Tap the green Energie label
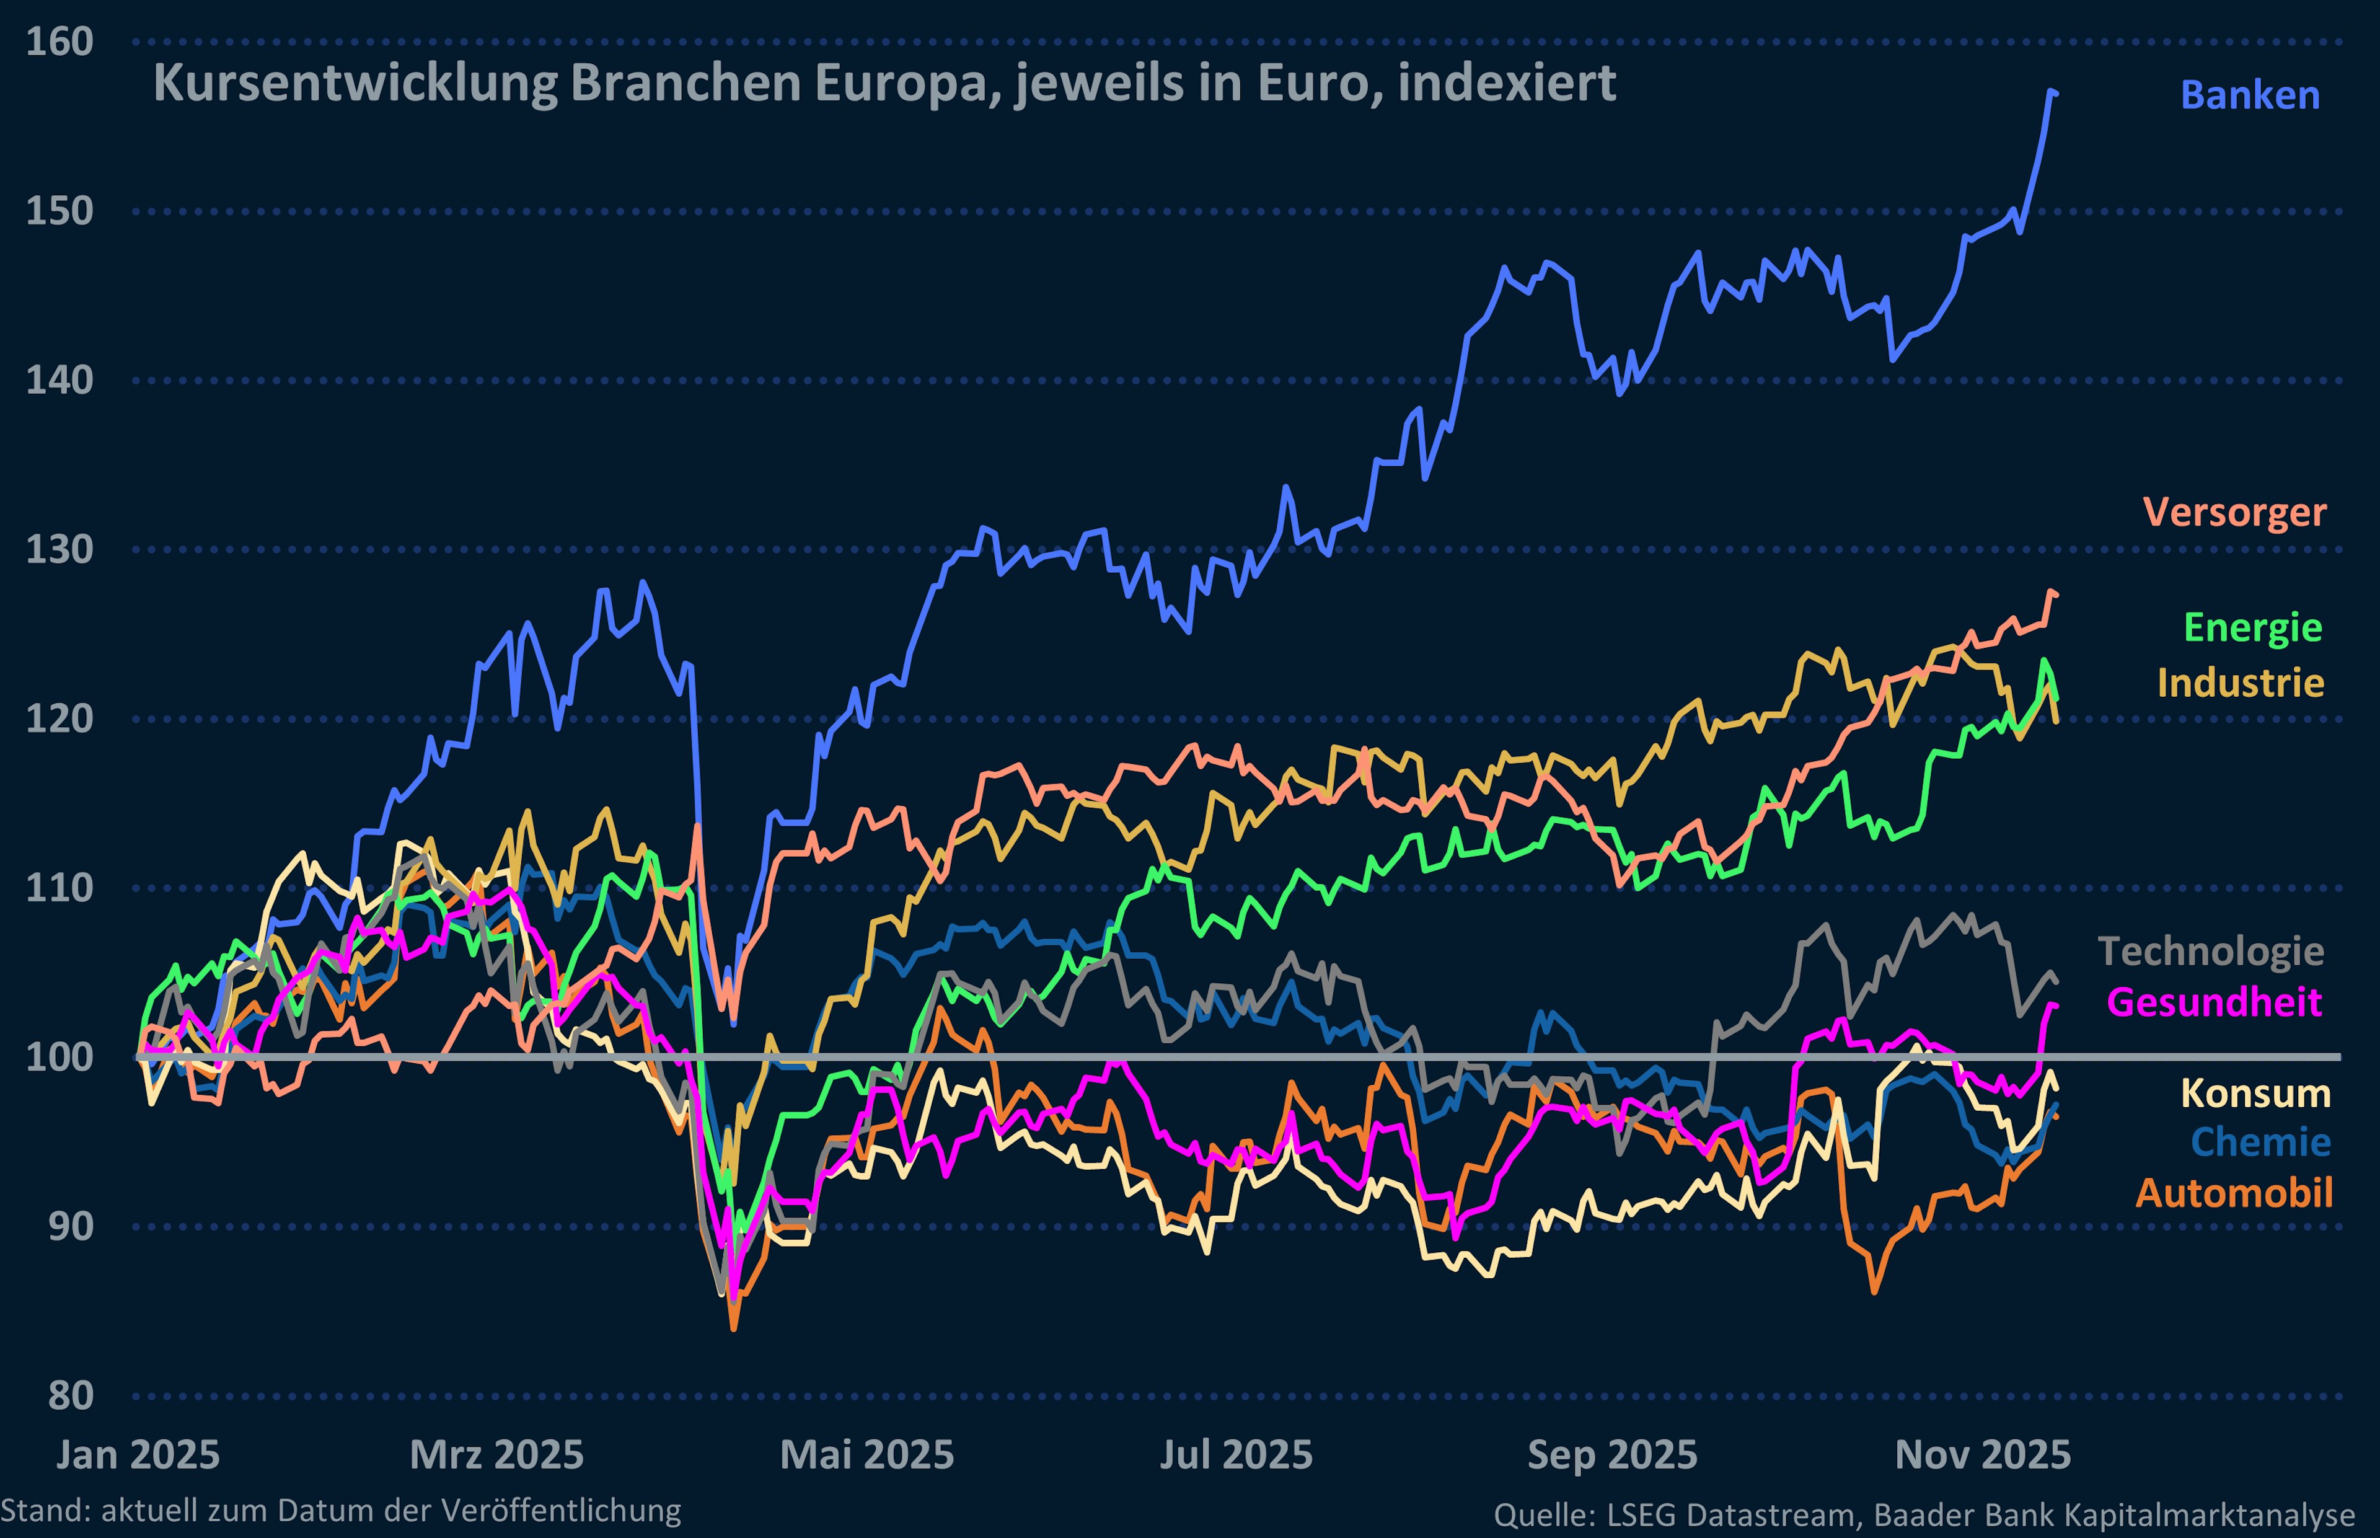[x=2252, y=628]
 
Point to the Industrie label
[x=2240, y=683]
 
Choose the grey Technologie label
[x=2210, y=951]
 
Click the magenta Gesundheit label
[x=2213, y=1002]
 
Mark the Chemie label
[x=2260, y=1141]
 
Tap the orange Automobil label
[x=2233, y=1193]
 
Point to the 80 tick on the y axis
[x=70, y=1395]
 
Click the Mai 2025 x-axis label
[x=866, y=1455]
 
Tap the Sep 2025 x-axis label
[x=1612, y=1455]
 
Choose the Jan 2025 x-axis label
[x=138, y=1455]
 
